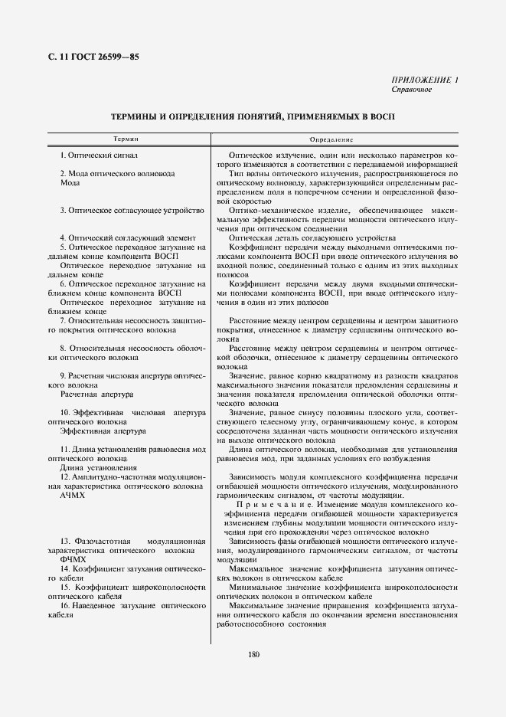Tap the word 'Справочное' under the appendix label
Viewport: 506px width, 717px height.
(x=411, y=89)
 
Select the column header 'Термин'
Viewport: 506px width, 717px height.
(x=126, y=139)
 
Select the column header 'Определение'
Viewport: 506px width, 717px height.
(x=331, y=139)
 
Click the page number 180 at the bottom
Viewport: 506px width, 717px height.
(x=254, y=653)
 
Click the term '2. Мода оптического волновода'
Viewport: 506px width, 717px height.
(x=117, y=174)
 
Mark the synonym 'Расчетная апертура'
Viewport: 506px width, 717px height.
(x=96, y=394)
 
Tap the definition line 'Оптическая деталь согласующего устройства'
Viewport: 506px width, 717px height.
(x=312, y=237)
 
